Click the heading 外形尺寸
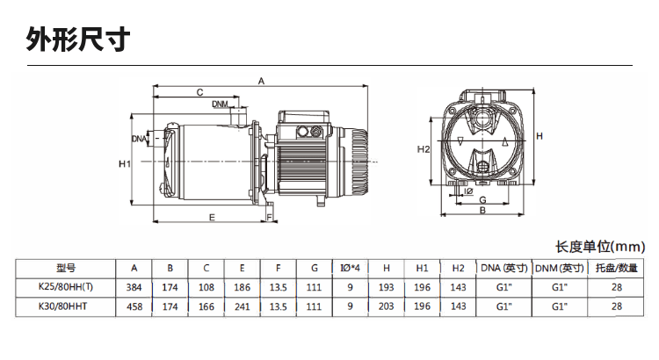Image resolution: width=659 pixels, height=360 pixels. point(79,40)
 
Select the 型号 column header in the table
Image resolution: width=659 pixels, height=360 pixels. point(67,268)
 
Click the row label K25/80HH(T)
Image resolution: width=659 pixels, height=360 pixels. point(67,287)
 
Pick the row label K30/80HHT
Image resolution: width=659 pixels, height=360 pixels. point(67,306)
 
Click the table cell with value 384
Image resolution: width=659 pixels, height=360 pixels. point(134,287)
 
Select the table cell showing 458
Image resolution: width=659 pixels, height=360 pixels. point(134,306)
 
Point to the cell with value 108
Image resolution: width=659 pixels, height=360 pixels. point(206,287)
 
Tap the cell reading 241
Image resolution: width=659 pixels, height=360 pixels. point(242,306)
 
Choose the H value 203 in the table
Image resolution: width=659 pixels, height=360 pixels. point(386,306)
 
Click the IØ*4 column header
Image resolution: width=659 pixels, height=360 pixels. point(350,268)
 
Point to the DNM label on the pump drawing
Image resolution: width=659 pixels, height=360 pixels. point(220,104)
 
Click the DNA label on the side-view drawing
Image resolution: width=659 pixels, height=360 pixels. point(139,139)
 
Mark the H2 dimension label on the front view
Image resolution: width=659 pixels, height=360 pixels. point(424,149)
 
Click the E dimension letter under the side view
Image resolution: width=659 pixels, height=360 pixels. point(212,216)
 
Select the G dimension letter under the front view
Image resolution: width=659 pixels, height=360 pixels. point(482,200)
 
